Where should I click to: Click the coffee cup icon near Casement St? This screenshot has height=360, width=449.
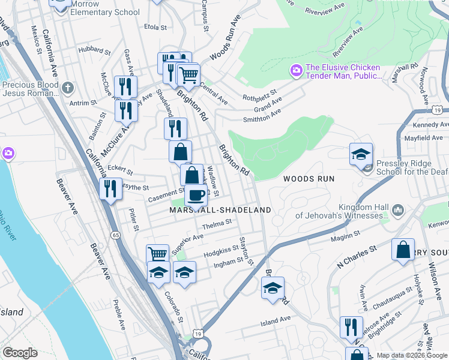pos(195,195)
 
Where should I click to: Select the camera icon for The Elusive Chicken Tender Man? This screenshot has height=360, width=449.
pos(296,71)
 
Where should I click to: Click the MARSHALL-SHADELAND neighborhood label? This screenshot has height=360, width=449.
pos(220,210)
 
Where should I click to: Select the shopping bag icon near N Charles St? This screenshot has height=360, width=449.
pos(403,248)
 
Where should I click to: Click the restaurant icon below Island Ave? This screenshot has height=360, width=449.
pos(351,326)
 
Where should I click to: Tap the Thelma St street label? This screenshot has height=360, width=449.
pos(217,223)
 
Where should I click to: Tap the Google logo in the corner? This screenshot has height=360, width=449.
pos(20,353)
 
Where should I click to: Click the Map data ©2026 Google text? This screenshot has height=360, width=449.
pos(412,355)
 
